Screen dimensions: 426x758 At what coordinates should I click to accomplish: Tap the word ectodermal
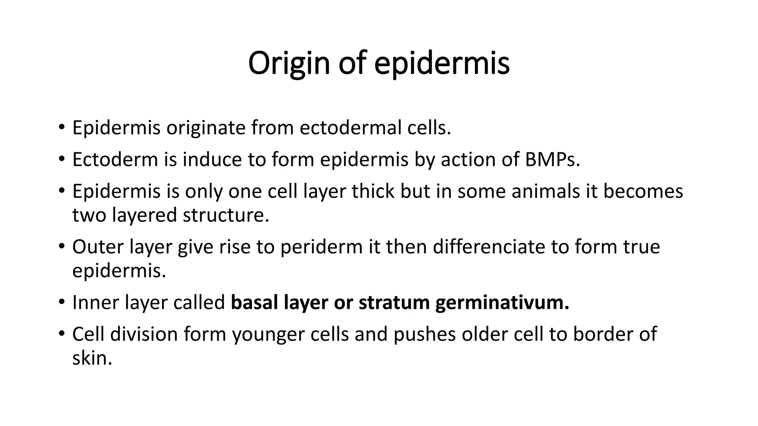(350, 128)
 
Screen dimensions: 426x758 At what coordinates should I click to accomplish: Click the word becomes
(643, 192)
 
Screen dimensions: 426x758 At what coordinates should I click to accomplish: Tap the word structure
(226, 215)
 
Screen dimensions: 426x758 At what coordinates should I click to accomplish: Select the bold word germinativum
(502, 302)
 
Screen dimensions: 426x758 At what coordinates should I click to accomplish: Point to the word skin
(92, 358)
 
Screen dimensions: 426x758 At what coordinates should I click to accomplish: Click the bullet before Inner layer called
(61, 302)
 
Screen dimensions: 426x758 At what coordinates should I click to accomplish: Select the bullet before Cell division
(61, 334)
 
